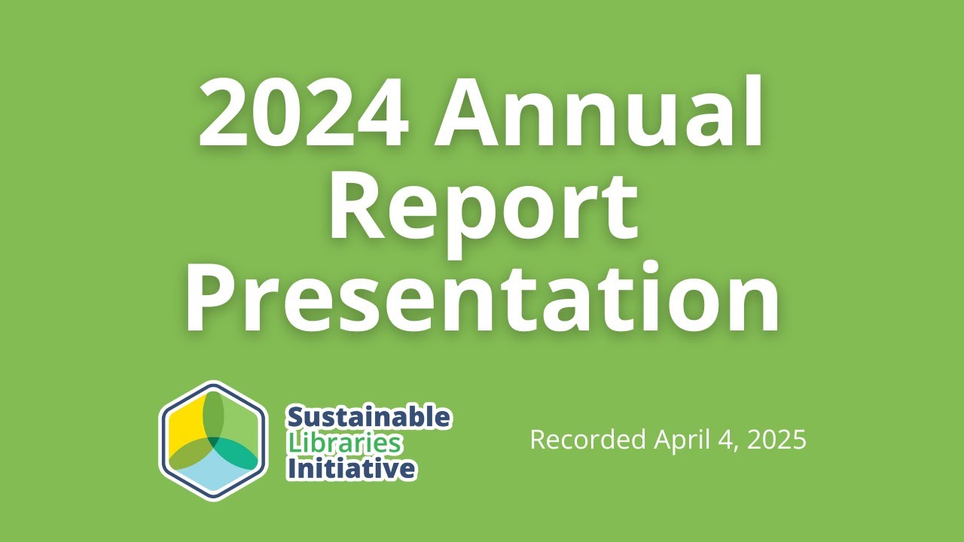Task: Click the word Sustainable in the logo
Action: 369,417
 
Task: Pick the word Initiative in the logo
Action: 351,469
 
